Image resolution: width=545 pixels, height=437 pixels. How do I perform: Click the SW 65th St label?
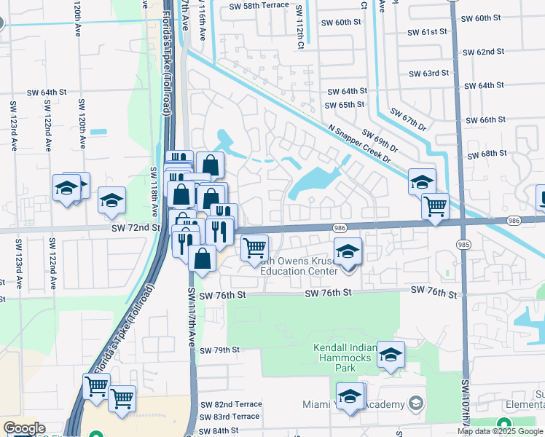(x=345, y=105)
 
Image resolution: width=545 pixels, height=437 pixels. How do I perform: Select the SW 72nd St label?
(x=136, y=228)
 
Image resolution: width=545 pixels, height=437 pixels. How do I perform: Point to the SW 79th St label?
(x=221, y=350)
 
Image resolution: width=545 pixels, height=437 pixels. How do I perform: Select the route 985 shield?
(x=463, y=243)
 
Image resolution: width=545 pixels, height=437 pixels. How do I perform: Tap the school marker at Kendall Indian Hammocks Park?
(x=391, y=355)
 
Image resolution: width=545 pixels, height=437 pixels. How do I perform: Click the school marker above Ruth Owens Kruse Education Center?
(x=348, y=252)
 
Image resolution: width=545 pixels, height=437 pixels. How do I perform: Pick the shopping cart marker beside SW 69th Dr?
(x=435, y=207)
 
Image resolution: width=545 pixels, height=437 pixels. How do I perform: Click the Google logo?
(x=24, y=429)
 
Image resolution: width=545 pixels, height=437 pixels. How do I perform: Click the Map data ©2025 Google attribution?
(x=500, y=431)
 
